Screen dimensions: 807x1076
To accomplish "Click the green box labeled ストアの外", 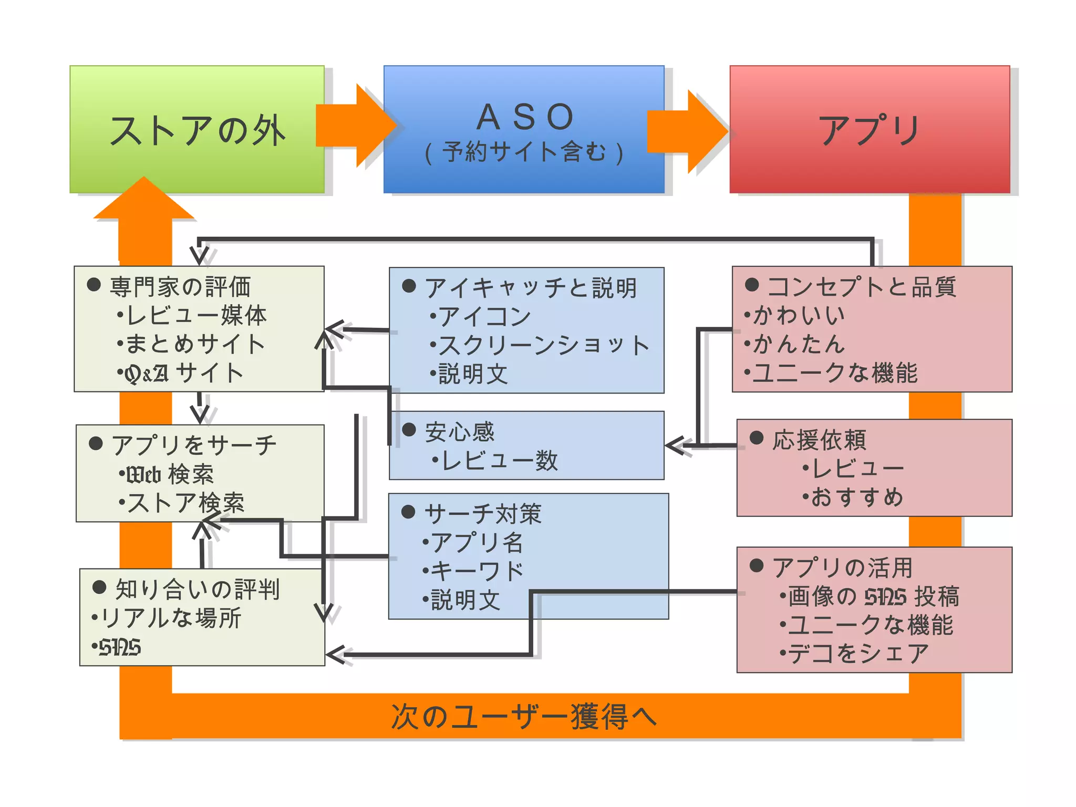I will [197, 130].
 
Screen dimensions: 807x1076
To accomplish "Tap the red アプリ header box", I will [870, 130].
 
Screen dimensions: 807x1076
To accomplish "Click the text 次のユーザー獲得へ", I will [524, 717].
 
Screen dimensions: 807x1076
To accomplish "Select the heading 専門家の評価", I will [180, 287].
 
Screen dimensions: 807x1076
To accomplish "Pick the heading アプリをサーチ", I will [193, 445].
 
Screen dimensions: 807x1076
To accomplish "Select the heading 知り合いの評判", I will [197, 589].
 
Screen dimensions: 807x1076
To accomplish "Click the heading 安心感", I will [459, 432].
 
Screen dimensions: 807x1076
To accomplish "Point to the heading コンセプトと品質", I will [861, 287].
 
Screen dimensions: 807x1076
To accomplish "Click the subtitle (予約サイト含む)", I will [524, 152].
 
